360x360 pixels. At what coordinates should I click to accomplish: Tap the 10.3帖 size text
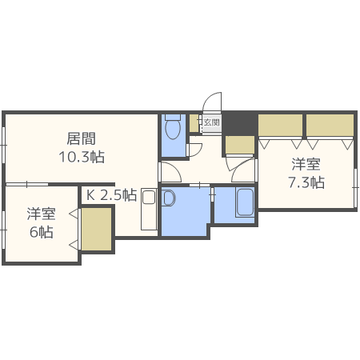(x=80, y=157)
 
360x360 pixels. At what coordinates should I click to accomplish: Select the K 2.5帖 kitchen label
(x=111, y=194)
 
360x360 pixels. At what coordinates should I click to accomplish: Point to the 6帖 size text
(x=42, y=233)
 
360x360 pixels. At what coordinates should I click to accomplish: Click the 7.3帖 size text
(x=306, y=182)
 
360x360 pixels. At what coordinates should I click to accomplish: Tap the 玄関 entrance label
(x=211, y=123)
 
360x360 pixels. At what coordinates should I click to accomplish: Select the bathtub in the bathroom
(x=246, y=202)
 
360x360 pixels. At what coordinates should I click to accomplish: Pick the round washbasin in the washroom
(x=168, y=198)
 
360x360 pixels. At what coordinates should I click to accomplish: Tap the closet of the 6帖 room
(x=96, y=230)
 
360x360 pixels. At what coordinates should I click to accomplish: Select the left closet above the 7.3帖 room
(x=280, y=126)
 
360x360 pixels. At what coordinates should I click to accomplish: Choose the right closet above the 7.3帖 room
(x=330, y=126)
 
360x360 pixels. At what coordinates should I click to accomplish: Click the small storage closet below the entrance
(x=238, y=144)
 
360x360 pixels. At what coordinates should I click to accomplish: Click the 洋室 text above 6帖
(x=42, y=214)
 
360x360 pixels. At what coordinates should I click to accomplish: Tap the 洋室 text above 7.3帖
(x=306, y=164)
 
